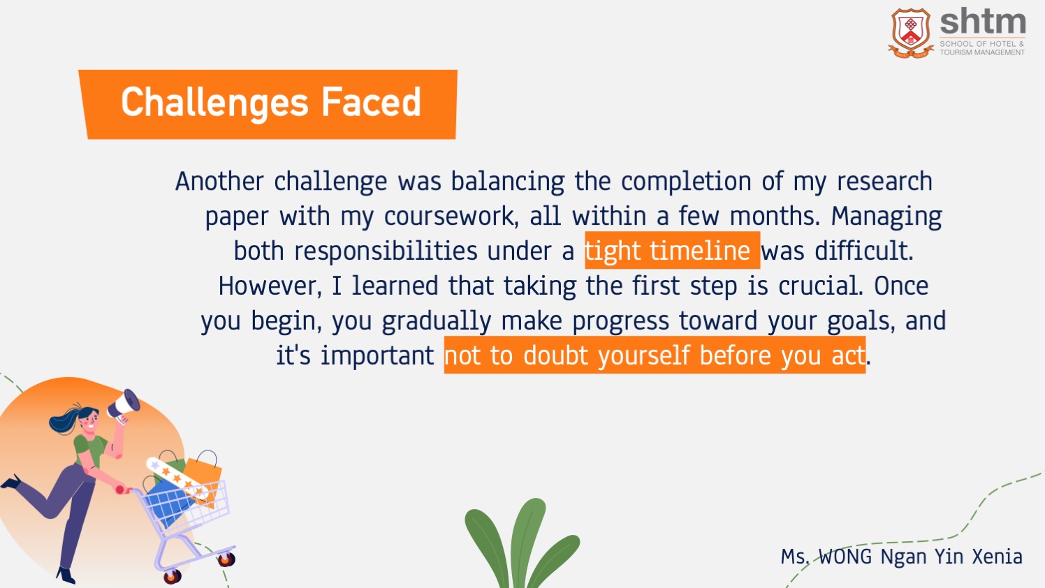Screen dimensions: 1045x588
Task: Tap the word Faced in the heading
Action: coord(372,102)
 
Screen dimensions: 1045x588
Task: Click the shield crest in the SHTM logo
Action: coord(911,33)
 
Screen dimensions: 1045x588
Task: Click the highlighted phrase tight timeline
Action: coord(668,251)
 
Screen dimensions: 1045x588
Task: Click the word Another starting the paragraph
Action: coord(219,181)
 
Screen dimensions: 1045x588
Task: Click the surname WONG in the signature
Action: coord(845,557)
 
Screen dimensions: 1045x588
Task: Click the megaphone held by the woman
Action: coord(124,406)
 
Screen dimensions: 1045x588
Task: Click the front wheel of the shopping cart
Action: coord(172,577)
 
